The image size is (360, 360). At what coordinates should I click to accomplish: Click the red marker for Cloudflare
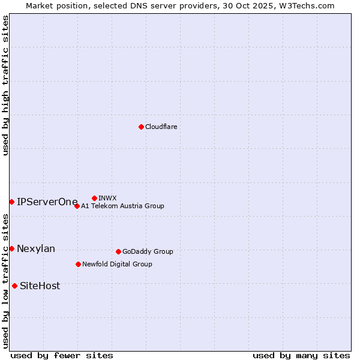click(x=141, y=127)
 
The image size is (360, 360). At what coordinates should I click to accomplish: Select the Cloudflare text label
click(x=161, y=127)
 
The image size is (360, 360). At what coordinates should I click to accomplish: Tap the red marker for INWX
click(x=94, y=198)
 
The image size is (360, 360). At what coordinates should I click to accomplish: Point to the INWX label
click(x=107, y=198)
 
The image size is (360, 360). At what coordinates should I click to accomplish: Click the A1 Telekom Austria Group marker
click(x=77, y=206)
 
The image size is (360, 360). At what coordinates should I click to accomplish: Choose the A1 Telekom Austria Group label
click(x=122, y=206)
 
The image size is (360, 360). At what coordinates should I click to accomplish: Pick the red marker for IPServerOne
click(x=11, y=202)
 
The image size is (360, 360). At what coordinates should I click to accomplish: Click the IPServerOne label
click(x=47, y=202)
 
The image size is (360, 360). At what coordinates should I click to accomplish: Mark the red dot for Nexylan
click(x=11, y=248)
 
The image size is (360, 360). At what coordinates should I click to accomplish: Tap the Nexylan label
click(x=36, y=248)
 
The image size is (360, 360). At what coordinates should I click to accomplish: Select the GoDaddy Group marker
click(x=118, y=251)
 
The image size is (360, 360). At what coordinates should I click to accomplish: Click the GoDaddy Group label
click(x=148, y=251)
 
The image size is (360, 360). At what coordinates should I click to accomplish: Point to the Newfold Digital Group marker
click(x=78, y=264)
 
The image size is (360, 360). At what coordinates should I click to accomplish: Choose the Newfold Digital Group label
click(x=117, y=264)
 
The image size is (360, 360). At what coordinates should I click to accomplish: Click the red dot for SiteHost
click(x=14, y=286)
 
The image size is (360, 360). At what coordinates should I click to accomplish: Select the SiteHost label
click(x=40, y=286)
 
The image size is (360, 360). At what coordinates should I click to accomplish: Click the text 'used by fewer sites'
click(x=62, y=355)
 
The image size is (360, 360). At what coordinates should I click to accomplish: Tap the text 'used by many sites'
click(x=301, y=355)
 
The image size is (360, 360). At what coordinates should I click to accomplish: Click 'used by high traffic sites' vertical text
click(x=5, y=85)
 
